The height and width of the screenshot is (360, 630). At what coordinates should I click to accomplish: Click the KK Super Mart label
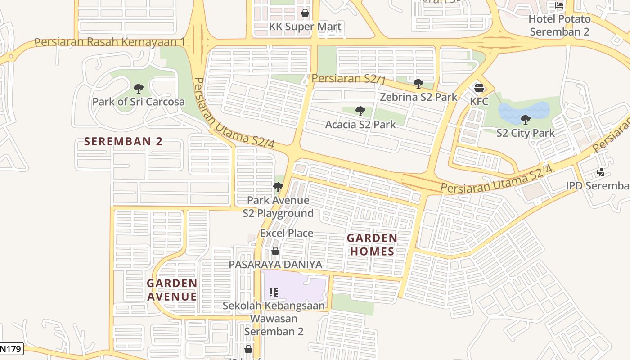tap(305, 27)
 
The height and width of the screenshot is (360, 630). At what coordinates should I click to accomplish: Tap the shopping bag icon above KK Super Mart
tap(305, 13)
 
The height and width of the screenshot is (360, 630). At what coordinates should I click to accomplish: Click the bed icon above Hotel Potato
tap(559, 5)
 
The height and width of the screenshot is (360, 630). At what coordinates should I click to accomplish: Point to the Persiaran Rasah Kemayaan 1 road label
tap(110, 42)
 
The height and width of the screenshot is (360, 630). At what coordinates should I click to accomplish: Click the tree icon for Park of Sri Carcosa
tap(139, 88)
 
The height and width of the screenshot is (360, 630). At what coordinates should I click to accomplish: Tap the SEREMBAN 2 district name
tap(123, 141)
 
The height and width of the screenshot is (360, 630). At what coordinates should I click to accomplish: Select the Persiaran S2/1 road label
tap(349, 79)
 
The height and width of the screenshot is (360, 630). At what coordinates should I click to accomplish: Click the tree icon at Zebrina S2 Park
tap(418, 83)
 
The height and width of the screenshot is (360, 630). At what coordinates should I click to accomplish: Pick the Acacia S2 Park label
tap(360, 124)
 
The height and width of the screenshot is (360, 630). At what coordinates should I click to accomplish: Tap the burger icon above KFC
tap(479, 88)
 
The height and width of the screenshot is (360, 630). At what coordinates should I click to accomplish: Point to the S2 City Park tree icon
tap(525, 119)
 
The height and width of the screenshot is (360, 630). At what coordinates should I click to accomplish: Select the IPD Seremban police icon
tap(600, 172)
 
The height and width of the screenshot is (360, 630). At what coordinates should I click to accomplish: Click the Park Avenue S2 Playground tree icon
tap(278, 187)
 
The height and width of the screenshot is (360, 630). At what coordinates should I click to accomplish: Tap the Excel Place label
tap(287, 233)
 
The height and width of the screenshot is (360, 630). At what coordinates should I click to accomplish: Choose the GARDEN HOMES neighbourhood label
tap(372, 245)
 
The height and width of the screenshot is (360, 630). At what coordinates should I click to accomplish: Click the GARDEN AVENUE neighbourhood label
tap(172, 290)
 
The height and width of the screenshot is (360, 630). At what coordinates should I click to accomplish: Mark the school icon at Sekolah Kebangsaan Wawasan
tap(274, 292)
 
